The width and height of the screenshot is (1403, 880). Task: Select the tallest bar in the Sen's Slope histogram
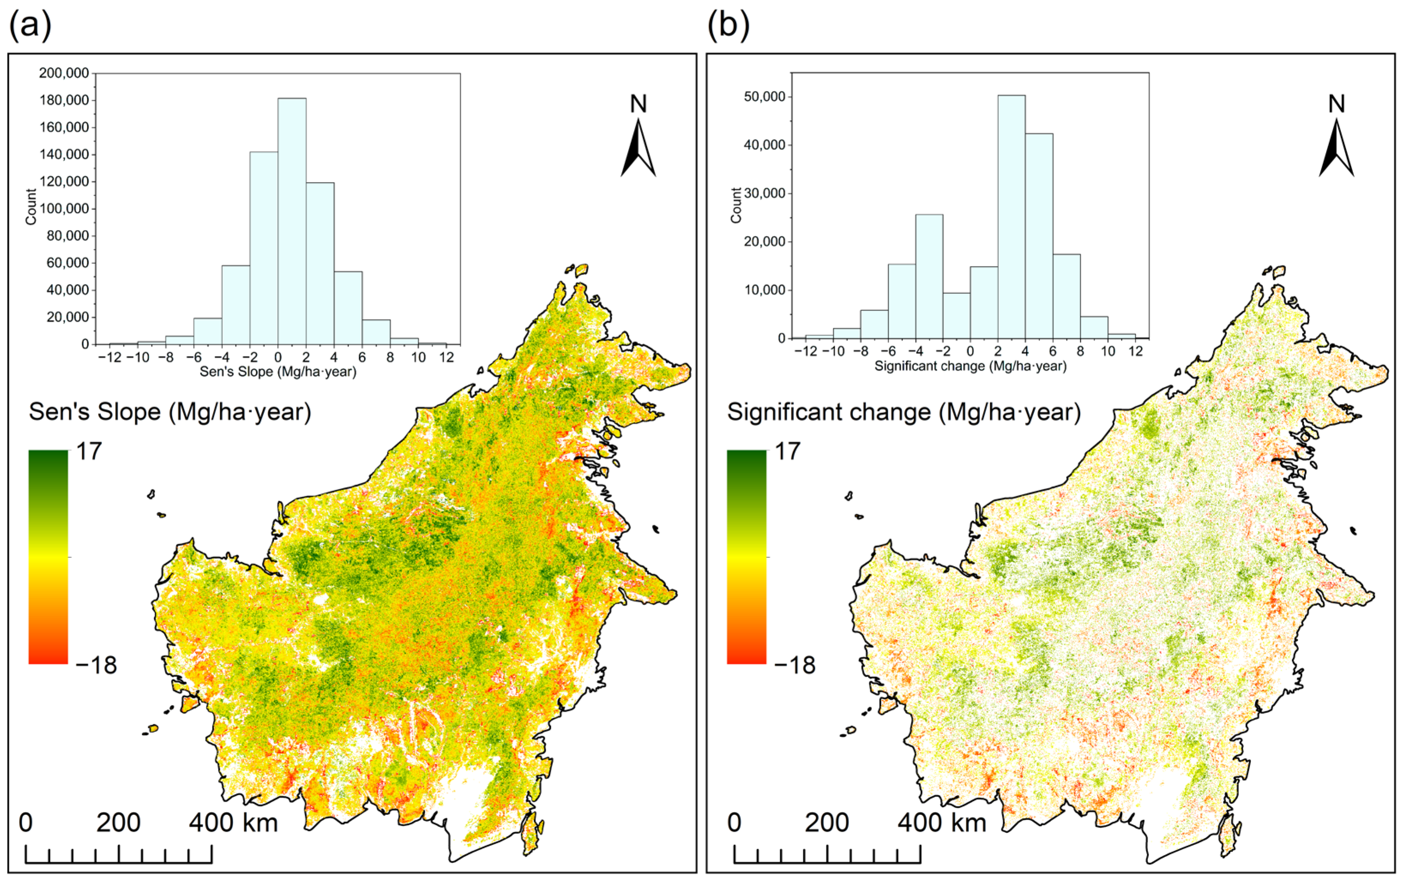tap(291, 221)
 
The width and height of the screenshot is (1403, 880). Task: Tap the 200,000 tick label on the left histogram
tap(64, 73)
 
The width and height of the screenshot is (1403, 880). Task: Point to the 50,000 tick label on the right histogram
tap(764, 97)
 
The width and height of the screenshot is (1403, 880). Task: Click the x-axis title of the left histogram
tap(278, 372)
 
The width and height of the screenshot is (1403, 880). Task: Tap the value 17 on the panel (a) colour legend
tap(89, 452)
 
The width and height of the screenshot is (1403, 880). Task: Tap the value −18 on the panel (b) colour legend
tap(794, 664)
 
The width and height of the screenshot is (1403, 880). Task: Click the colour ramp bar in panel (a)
tap(48, 557)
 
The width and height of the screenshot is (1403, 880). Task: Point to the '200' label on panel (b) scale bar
tap(826, 823)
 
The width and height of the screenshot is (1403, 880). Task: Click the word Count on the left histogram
tap(31, 207)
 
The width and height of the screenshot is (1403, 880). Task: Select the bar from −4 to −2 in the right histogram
tap(929, 276)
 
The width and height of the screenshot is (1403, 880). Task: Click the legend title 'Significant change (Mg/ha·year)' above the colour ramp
tap(904, 412)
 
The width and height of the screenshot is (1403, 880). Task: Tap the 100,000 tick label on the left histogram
tap(64, 208)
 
